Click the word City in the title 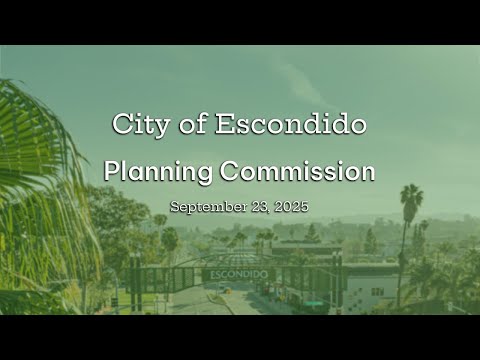click(141, 125)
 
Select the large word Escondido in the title click(291, 123)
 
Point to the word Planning click(158, 172)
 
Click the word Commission click(297, 171)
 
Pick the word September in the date click(208, 207)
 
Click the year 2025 click(291, 206)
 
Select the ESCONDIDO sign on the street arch click(239, 275)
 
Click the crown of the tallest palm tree click(411, 197)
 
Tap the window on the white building click(377, 292)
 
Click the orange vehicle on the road click(228, 291)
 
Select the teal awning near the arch click(314, 303)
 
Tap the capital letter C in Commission click(230, 171)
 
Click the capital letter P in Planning click(112, 170)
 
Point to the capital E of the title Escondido click(225, 123)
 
